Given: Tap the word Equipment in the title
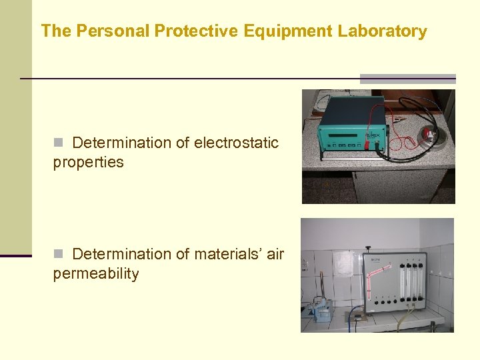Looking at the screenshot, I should point(281,31).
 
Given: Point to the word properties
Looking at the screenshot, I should point(88,162).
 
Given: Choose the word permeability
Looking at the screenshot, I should point(95,274).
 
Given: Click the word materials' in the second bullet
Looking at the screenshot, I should point(229,254).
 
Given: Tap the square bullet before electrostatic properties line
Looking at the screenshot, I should point(58,143).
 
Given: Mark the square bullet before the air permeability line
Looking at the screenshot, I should point(58,254).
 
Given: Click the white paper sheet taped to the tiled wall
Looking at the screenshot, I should point(343,264).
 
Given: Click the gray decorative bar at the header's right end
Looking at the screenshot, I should point(408,78).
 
